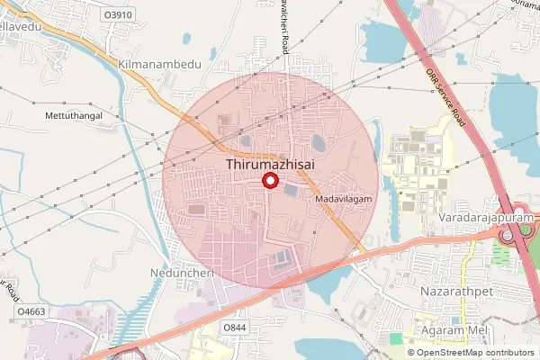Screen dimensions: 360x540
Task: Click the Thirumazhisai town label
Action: click(267, 165)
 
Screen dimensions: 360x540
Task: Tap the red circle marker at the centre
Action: click(267, 182)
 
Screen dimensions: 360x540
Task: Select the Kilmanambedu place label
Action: click(160, 66)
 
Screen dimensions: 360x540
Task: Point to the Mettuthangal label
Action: click(74, 116)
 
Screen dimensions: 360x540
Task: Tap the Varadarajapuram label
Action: click(487, 218)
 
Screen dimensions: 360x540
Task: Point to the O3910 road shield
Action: click(118, 15)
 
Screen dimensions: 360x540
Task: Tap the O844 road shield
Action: click(234, 327)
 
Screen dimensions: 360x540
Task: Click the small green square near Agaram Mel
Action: click(396, 338)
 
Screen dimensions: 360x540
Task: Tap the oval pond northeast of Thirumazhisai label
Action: click(319, 142)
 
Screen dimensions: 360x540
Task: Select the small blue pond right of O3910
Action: click(184, 40)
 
